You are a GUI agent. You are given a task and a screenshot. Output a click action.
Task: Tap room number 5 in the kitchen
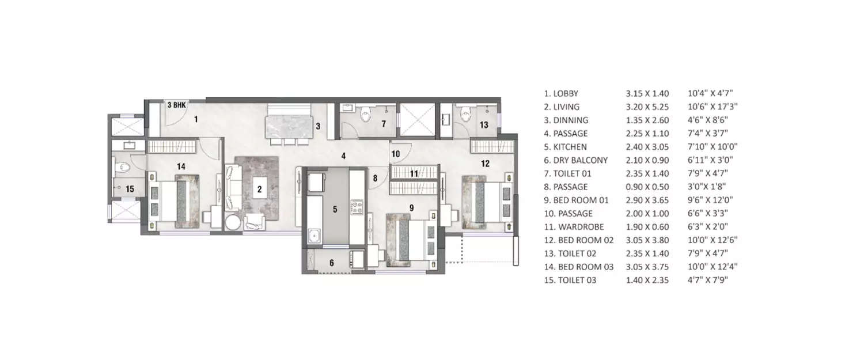tap(335, 209)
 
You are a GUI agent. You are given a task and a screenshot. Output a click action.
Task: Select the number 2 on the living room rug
tap(259, 188)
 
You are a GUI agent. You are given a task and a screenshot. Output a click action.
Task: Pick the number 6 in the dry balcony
tap(331, 263)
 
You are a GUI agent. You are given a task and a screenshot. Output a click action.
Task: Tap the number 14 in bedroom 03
tap(181, 166)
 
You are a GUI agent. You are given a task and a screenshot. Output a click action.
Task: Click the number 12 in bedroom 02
tap(485, 164)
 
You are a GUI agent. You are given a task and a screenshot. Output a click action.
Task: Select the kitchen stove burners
tap(356, 206)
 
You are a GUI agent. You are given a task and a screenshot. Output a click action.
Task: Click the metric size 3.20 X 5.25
tap(647, 107)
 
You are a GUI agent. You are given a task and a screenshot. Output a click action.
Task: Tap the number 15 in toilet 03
tap(130, 189)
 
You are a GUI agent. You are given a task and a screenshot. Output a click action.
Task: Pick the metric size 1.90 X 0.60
tap(647, 227)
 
